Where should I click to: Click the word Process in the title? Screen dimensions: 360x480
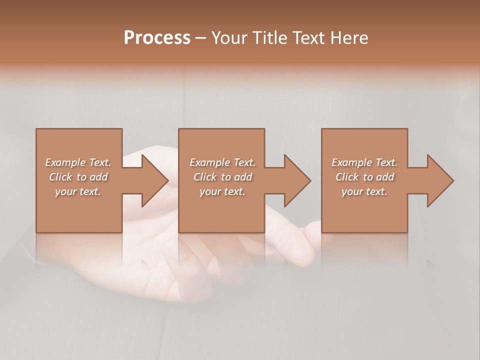tap(157, 38)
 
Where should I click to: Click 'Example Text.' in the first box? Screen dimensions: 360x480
tap(78, 162)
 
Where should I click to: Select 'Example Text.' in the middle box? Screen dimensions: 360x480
tap(222, 162)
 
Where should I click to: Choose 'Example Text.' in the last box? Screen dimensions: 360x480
tap(364, 162)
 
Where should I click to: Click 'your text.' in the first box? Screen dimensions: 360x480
tap(78, 191)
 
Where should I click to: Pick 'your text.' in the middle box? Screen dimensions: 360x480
tap(222, 191)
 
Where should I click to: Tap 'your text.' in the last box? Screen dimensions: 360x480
tap(364, 191)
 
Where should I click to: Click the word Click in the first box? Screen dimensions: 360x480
tap(60, 177)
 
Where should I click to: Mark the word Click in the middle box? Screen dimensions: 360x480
tap(205, 177)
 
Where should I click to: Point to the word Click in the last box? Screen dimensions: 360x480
tap(347, 177)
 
